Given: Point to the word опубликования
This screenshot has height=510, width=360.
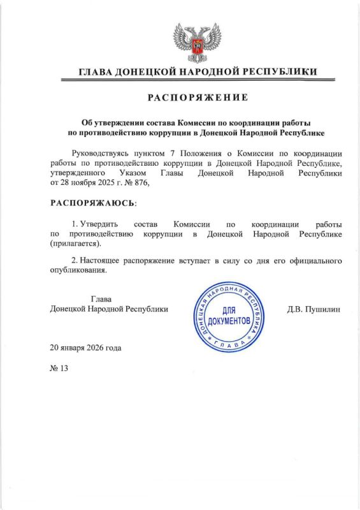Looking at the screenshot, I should [79, 270].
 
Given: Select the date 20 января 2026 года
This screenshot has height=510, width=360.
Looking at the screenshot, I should [85, 348].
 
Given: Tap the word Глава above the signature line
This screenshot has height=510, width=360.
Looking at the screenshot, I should [102, 298].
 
